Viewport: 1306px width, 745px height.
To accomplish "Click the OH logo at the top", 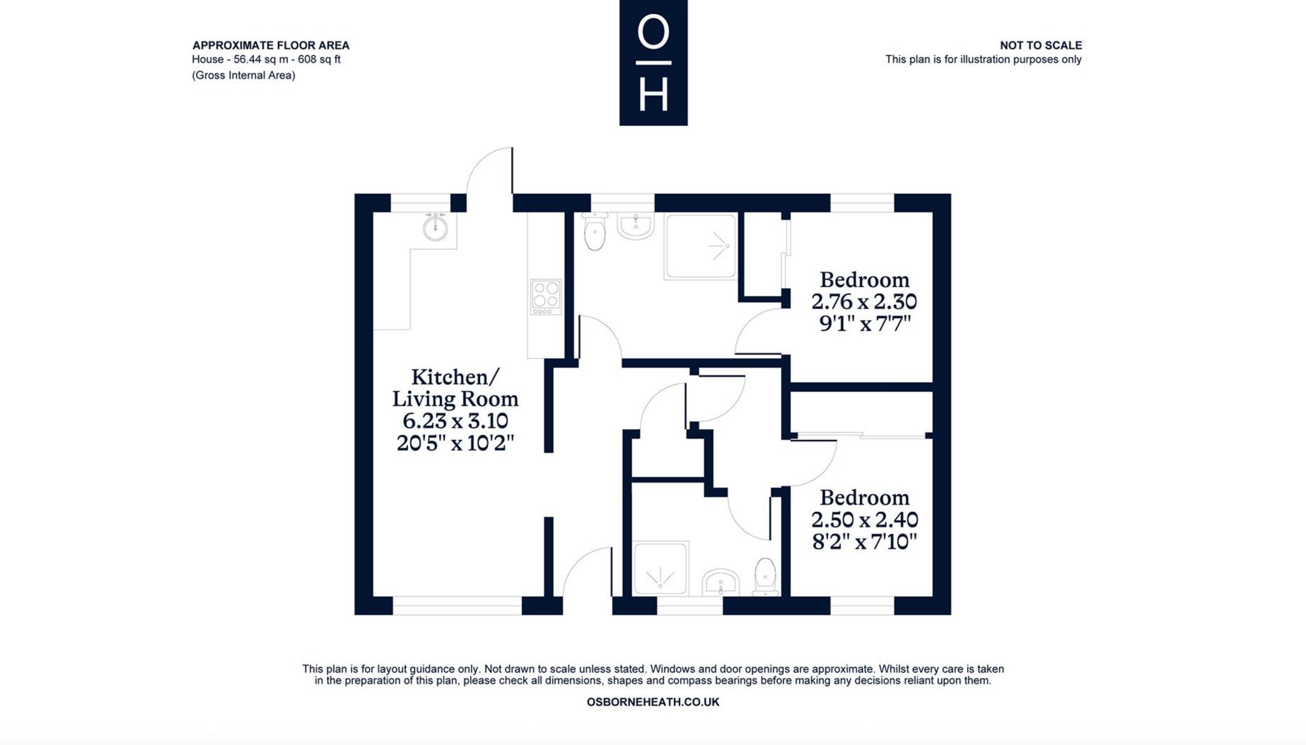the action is pyautogui.click(x=653, y=63).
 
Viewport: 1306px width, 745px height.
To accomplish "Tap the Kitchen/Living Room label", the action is pyautogui.click(x=455, y=388).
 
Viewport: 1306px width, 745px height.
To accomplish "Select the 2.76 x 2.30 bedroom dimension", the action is pyautogui.click(x=864, y=302).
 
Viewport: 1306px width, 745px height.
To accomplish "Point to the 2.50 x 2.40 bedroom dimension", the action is pyautogui.click(x=865, y=520).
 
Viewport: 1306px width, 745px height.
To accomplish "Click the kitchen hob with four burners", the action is pyautogui.click(x=546, y=297).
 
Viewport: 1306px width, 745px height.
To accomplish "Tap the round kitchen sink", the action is pyautogui.click(x=435, y=227).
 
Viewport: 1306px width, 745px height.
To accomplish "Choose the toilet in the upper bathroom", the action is pyautogui.click(x=595, y=232).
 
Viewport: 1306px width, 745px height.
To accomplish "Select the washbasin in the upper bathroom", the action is pyautogui.click(x=635, y=226).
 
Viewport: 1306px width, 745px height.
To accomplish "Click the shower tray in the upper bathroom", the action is pyautogui.click(x=701, y=247).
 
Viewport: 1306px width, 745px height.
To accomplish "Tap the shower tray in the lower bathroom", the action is pyautogui.click(x=661, y=568).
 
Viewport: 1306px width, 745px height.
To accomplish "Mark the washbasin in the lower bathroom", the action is pyautogui.click(x=720, y=582).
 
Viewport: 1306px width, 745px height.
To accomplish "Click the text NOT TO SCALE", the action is pyautogui.click(x=1041, y=45).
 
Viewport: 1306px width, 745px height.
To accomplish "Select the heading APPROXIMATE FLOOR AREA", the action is pyautogui.click(x=271, y=45).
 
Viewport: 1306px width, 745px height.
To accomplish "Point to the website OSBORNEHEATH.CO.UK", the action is pyautogui.click(x=653, y=702).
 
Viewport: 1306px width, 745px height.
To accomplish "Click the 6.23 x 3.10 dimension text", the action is pyautogui.click(x=455, y=420).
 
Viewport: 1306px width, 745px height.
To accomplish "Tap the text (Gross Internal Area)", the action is pyautogui.click(x=244, y=75).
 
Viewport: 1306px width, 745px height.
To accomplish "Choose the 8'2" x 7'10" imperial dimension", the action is pyautogui.click(x=865, y=541).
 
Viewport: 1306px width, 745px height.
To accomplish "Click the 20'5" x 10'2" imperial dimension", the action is pyautogui.click(x=455, y=443).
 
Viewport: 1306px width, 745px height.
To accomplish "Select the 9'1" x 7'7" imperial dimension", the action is pyautogui.click(x=865, y=323).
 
